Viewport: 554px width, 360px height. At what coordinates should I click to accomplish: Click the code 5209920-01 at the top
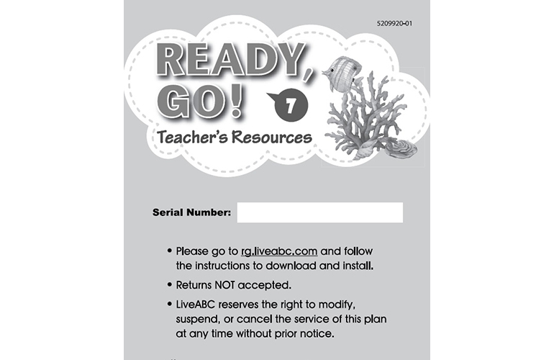pyautogui.click(x=394, y=24)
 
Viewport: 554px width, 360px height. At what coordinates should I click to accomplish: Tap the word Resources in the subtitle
pyautogui.click(x=273, y=137)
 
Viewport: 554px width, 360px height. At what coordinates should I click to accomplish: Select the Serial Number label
pyautogui.click(x=191, y=213)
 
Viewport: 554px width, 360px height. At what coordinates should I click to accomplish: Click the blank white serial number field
pyautogui.click(x=319, y=212)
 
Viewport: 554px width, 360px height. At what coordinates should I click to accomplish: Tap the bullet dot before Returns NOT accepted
pyautogui.click(x=169, y=284)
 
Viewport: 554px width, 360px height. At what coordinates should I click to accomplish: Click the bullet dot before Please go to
pyautogui.click(x=169, y=251)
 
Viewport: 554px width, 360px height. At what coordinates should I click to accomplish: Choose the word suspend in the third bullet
pyautogui.click(x=201, y=318)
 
